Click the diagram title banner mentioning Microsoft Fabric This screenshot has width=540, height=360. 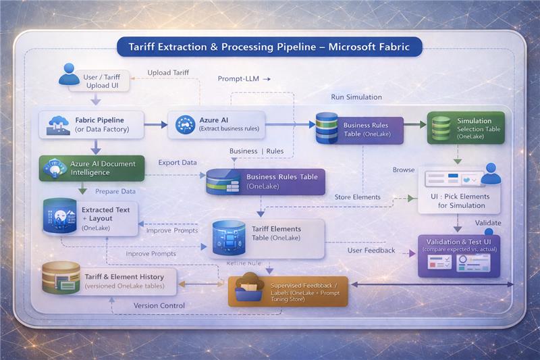tap(269, 47)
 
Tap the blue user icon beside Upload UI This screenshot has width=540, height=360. tap(69, 74)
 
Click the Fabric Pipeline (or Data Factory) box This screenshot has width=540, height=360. tap(92, 124)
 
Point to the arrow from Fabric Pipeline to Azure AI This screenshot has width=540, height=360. tap(156, 124)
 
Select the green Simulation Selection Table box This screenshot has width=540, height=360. tap(465, 128)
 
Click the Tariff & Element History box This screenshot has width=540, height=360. tap(109, 280)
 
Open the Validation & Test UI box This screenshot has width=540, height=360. tap(459, 255)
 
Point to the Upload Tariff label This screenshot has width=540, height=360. tap(168, 72)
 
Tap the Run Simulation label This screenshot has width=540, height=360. tap(356, 97)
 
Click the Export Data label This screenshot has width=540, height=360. tap(178, 163)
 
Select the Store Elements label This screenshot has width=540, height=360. tap(357, 197)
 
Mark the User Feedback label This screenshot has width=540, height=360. tap(371, 251)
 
